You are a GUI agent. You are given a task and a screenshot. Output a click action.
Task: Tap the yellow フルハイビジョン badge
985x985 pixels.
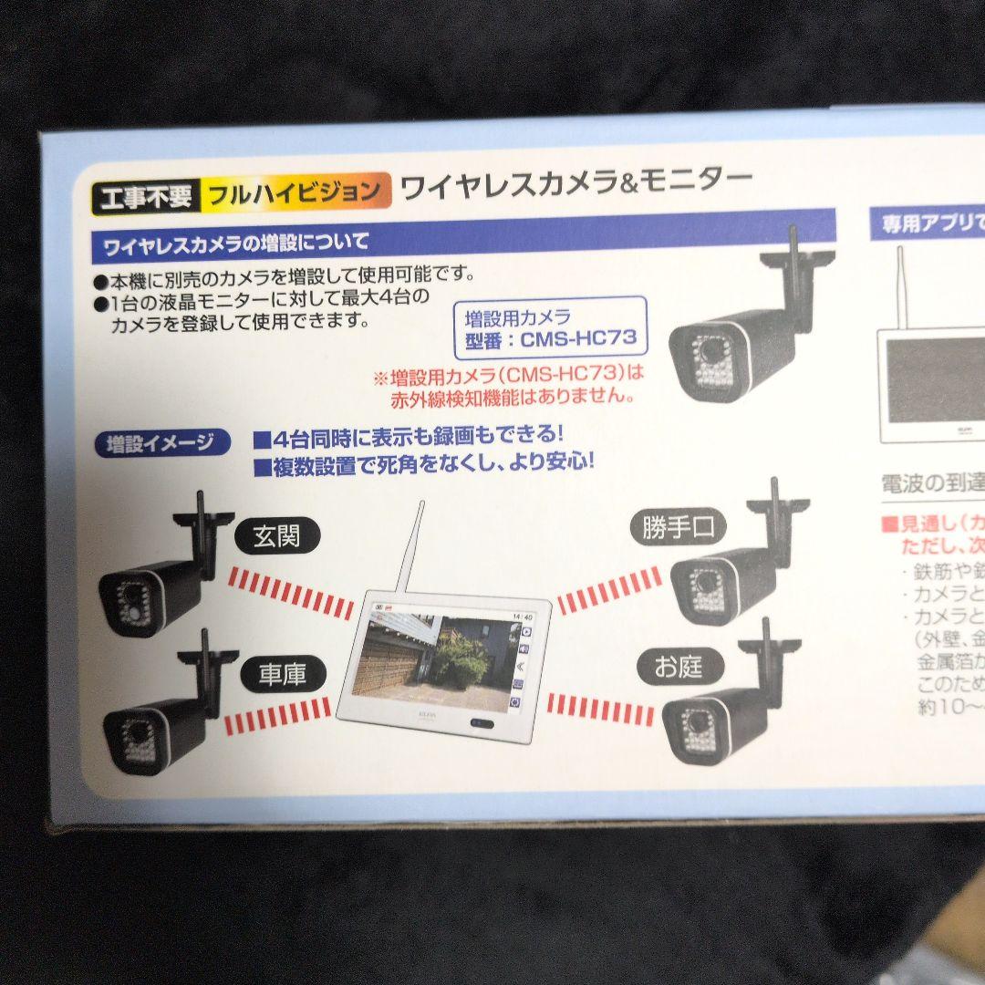coord(293,192)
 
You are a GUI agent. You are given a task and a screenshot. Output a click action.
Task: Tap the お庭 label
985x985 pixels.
coord(677,667)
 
